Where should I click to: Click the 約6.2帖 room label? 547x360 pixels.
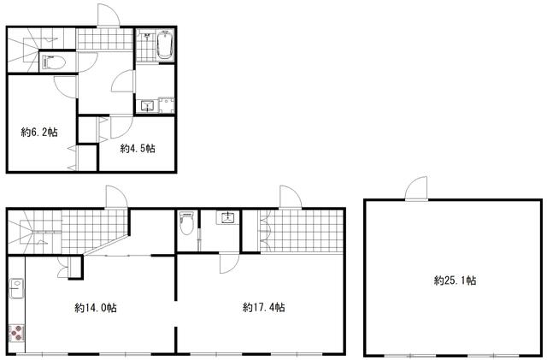pos(39,133)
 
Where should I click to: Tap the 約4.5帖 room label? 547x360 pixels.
pos(138,149)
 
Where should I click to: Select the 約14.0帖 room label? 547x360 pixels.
pos(96,308)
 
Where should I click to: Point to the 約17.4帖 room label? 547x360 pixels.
pos(264,307)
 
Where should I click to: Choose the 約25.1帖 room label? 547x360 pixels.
pos(455,280)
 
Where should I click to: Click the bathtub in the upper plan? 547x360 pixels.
pos(165,45)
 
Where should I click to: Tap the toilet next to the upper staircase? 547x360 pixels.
pos(54,63)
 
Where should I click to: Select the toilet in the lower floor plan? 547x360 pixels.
pos(186,222)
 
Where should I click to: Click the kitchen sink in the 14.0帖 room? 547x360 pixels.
pos(16,288)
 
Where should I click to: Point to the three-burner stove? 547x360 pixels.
pos(16,333)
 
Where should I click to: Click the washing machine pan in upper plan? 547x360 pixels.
pos(167,105)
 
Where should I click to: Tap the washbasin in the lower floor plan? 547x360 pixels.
pos(226,218)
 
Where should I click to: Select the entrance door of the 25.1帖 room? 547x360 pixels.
pos(416,189)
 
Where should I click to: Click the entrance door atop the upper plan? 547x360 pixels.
pos(109,15)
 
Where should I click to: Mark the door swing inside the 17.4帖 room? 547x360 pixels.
pos(229,263)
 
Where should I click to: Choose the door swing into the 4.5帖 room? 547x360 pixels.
pos(121,127)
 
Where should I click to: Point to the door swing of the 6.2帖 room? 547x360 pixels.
pos(65,86)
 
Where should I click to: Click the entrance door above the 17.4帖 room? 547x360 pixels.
pos(291,198)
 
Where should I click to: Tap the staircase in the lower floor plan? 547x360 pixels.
pos(34,232)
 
